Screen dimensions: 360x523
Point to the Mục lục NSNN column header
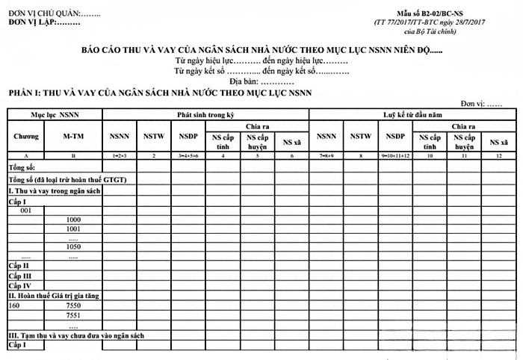coord(55,114)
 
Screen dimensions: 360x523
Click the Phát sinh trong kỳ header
coord(205,114)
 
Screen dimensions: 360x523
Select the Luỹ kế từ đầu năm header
coord(411,114)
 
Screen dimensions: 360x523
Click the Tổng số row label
coord(22,167)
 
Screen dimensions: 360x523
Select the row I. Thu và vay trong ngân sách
coord(52,191)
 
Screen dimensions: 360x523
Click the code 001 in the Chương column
coord(25,211)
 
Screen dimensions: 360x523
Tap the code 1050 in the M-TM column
coord(73,246)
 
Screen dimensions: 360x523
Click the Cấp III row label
coord(19,276)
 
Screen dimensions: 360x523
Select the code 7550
coord(73,305)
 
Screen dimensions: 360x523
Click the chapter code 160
coord(14,305)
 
